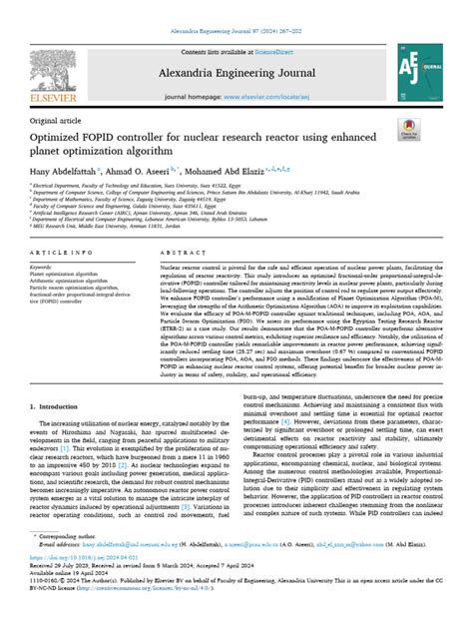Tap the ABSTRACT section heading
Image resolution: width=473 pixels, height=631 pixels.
177,255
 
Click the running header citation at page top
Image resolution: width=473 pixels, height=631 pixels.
236,6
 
